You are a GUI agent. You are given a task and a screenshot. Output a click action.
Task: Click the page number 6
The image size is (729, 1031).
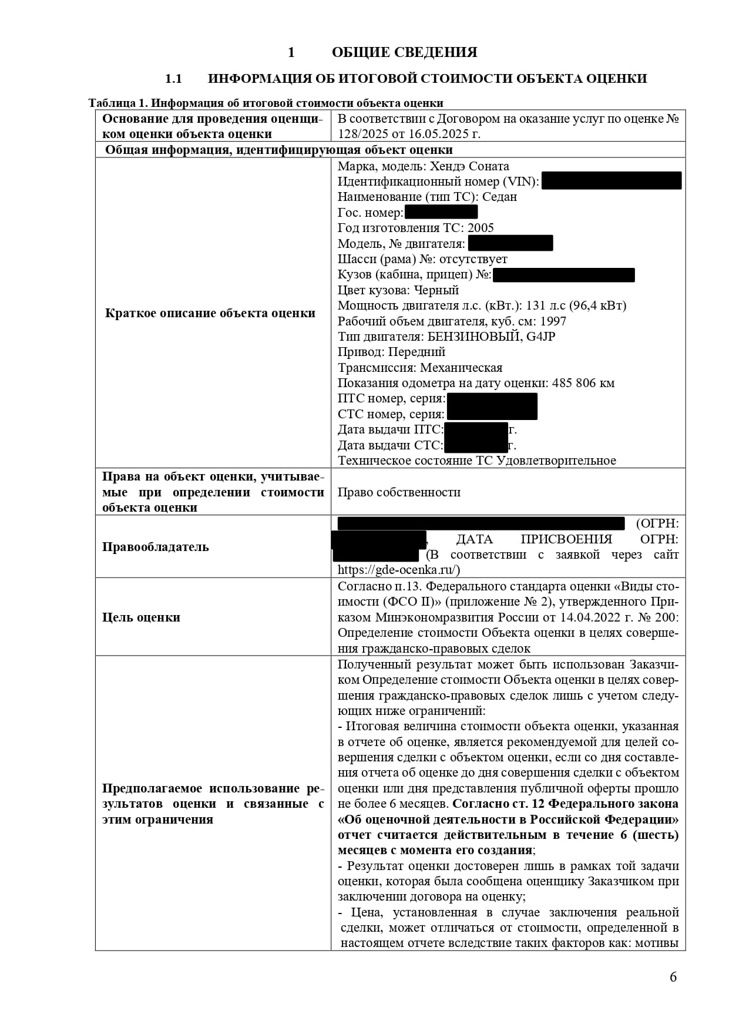(673, 977)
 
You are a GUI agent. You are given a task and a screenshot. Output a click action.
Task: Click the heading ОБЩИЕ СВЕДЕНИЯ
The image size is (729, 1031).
(404, 52)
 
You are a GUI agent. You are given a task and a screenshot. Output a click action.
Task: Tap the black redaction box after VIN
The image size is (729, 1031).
(611, 181)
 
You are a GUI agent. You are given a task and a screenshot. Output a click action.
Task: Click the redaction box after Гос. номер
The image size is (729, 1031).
(441, 212)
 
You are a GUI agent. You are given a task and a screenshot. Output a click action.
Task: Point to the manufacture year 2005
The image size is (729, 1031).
(481, 228)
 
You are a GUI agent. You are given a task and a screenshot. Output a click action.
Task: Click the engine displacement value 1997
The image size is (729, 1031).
(553, 321)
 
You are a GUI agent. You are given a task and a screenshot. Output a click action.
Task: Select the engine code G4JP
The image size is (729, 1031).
(541, 337)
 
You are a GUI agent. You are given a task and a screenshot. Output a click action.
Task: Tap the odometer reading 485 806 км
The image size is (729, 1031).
(583, 383)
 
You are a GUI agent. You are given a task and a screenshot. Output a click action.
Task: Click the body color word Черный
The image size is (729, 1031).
(436, 290)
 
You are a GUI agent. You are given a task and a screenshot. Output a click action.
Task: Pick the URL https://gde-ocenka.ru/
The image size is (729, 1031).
(399, 570)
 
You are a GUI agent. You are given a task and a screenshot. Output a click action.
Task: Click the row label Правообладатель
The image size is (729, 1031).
(155, 547)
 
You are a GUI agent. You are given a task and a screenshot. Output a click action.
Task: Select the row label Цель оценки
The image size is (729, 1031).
(141, 617)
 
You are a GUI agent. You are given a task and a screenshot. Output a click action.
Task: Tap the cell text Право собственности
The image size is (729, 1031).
(399, 492)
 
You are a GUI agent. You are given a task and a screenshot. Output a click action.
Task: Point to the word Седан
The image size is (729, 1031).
(499, 197)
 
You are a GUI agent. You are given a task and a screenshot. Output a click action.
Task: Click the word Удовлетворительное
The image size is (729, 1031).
(556, 461)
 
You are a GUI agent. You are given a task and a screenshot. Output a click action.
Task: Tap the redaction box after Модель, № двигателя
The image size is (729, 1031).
(510, 243)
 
